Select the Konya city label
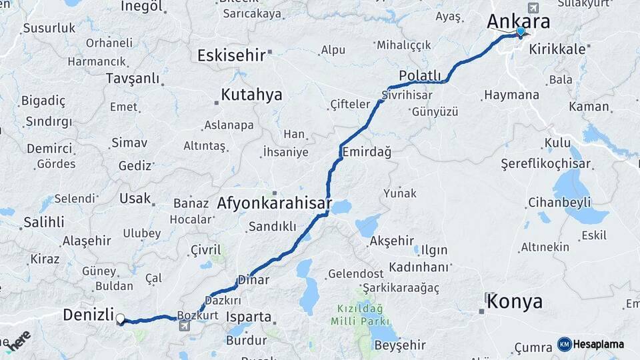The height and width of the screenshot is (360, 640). pos(514,302)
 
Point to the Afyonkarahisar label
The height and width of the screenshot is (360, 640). pos(275,203)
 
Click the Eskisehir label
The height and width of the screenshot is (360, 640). pos(231,55)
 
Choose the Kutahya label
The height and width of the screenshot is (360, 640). pos(251,95)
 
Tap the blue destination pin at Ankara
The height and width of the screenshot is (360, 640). pos(521,31)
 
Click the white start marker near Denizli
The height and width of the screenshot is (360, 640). pos(121,319)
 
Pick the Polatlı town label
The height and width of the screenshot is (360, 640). pos(420,75)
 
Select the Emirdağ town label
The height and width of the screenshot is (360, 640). pos(367,152)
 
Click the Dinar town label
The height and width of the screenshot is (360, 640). pos(253,280)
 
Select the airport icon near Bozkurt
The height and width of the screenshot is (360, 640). pos(184,326)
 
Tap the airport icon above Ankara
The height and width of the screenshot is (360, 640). pos(533,7)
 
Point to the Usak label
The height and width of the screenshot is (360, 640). pos(135,198)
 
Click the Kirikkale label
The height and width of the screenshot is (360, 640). pos(558,49)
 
